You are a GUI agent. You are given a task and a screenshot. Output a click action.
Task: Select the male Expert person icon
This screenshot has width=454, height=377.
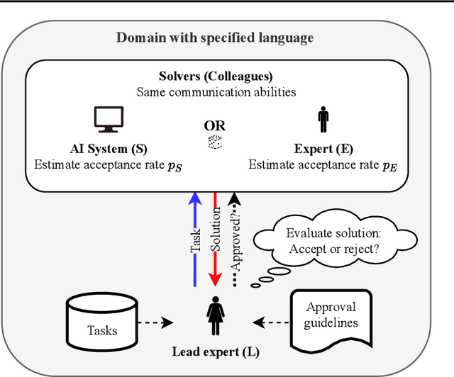pos(323,120)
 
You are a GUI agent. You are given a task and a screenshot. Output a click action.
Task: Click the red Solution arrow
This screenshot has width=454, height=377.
pos(215,241)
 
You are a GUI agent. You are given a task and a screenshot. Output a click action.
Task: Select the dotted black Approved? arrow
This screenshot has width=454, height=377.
pos(236,241)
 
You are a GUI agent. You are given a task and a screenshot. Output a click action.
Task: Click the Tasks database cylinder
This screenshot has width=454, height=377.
pos(102,322)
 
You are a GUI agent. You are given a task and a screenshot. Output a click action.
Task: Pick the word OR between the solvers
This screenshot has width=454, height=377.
pos(214,125)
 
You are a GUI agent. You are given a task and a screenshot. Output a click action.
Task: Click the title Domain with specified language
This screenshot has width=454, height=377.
pos(215,37)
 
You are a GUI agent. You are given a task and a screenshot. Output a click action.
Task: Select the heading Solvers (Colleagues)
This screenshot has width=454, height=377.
pos(216,76)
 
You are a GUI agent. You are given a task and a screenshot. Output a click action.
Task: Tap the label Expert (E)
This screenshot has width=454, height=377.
pos(323,150)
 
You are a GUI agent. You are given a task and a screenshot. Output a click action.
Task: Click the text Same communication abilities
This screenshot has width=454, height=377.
pos(216,91)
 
